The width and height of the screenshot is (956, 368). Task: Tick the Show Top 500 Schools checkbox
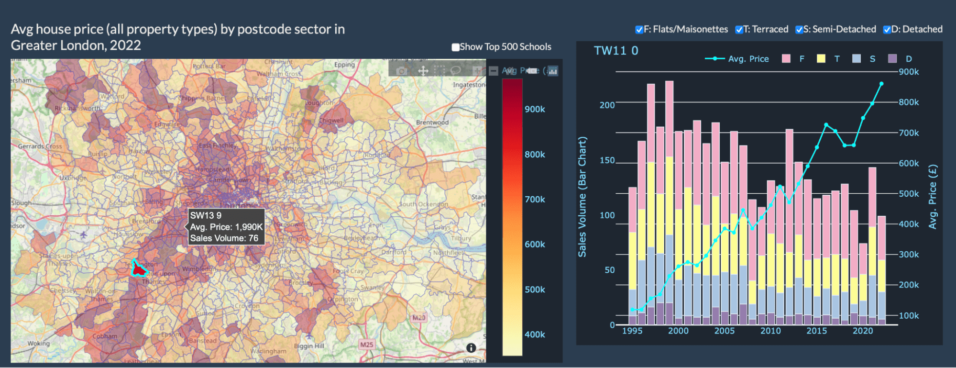click(456, 47)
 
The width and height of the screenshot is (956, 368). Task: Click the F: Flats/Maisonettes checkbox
click(639, 30)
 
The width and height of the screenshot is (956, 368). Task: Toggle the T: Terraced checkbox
click(739, 30)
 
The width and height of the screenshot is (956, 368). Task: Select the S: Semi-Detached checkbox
click(799, 30)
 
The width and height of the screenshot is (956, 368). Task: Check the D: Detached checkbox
click(887, 30)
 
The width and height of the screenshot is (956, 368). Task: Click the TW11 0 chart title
click(616, 51)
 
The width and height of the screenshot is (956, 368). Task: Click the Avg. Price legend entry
click(748, 59)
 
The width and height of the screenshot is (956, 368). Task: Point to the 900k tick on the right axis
click(909, 72)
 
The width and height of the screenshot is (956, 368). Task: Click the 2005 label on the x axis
click(724, 331)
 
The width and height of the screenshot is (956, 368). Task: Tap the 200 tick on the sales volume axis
click(607, 105)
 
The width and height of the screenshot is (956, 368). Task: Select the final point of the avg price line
click(881, 84)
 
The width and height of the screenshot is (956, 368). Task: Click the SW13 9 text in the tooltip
click(206, 215)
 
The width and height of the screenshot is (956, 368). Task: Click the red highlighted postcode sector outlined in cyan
click(139, 270)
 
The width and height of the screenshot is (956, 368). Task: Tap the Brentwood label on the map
click(432, 122)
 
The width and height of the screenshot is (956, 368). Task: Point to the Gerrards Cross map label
click(40, 146)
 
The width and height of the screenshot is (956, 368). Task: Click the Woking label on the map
click(38, 343)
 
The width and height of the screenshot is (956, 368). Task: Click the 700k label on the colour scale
click(535, 199)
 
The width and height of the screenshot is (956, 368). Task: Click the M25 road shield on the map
click(366, 345)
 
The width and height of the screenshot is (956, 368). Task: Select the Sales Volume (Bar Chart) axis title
click(582, 197)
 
